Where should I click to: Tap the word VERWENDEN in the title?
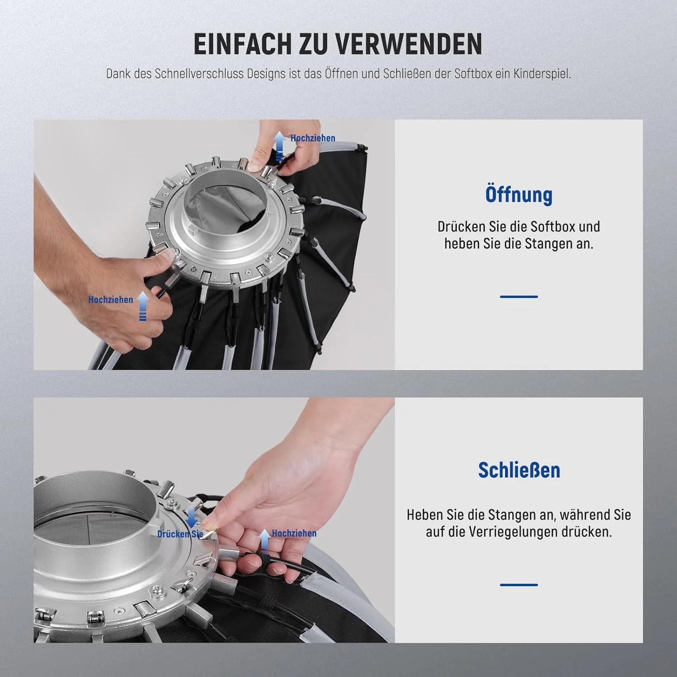click(x=409, y=44)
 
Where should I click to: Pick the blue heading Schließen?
click(x=519, y=470)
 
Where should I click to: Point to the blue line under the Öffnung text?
click(x=519, y=297)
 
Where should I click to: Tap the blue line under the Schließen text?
click(x=519, y=585)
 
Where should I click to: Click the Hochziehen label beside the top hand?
click(x=313, y=138)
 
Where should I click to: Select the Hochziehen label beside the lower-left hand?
click(x=111, y=300)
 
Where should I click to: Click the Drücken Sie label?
click(x=180, y=534)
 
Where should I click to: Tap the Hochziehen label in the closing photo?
click(x=294, y=533)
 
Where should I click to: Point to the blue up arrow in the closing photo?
click(x=265, y=540)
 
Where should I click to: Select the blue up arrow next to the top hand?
click(x=280, y=146)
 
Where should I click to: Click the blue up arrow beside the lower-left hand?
click(x=143, y=306)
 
